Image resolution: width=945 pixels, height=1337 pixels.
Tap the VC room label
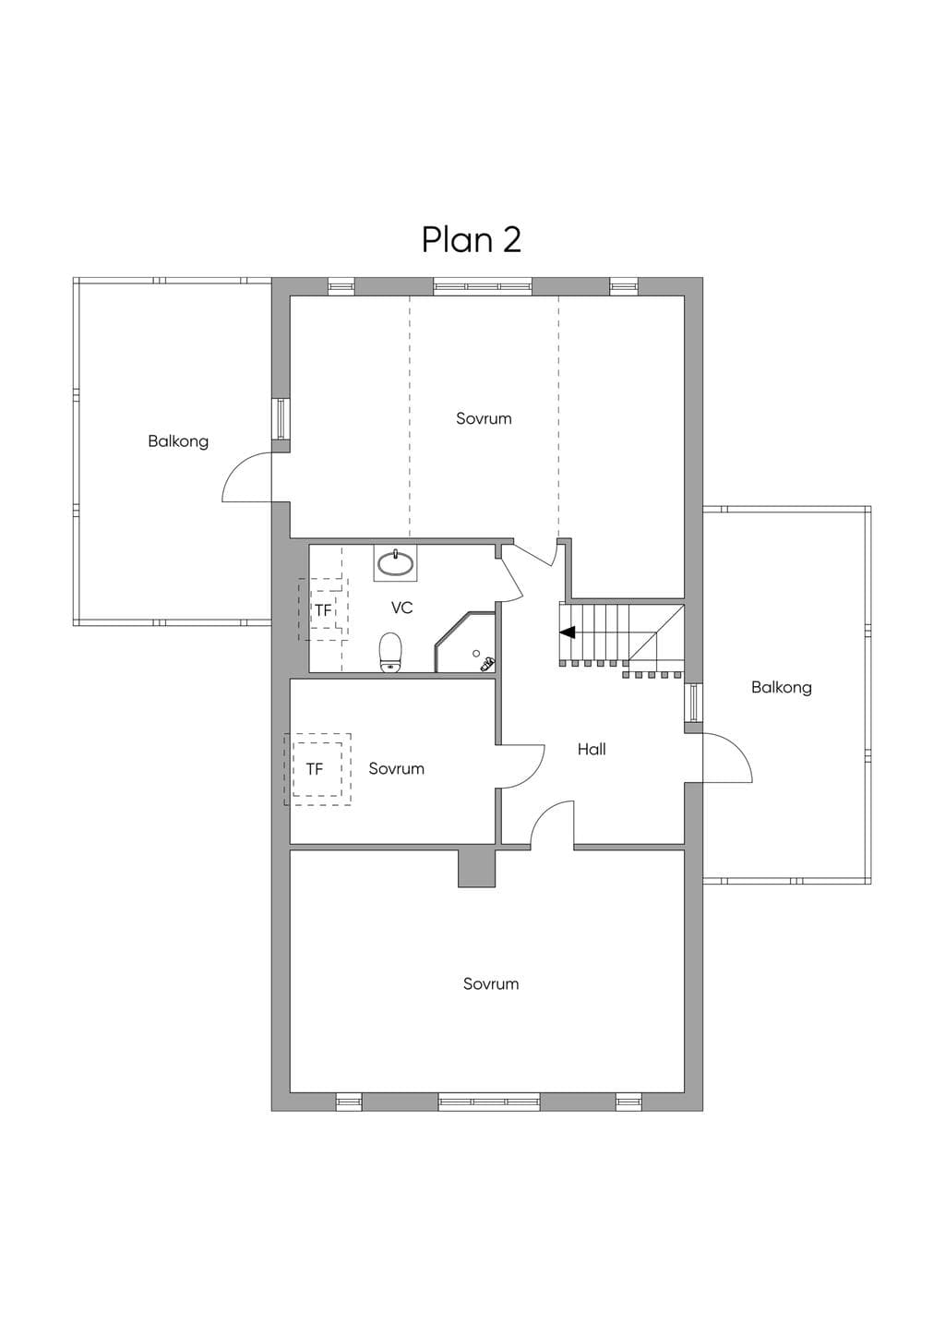click(402, 608)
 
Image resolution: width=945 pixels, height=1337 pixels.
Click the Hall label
click(592, 749)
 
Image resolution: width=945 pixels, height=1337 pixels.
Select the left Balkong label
click(178, 441)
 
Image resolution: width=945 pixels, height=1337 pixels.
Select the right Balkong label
click(782, 688)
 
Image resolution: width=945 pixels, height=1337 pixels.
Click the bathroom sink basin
click(395, 563)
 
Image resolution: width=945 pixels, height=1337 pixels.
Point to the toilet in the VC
click(390, 653)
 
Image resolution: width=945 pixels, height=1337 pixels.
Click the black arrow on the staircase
click(568, 632)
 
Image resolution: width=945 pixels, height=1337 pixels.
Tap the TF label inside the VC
click(323, 610)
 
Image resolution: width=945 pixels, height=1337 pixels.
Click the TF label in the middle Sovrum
click(315, 769)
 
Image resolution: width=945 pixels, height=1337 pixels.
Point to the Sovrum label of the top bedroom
click(484, 418)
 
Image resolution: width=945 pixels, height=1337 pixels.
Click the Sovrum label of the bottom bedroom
click(491, 983)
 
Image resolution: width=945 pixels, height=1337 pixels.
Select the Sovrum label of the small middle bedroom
click(396, 768)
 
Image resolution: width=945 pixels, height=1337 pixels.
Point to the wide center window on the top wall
click(483, 287)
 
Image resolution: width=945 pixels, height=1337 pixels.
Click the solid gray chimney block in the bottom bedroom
click(477, 869)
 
